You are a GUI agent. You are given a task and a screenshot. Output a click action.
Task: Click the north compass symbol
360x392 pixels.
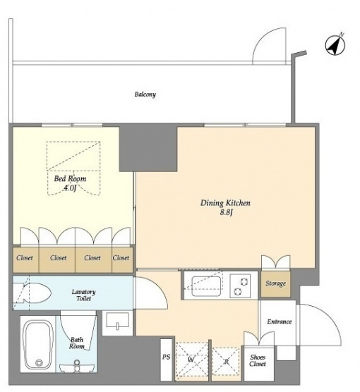click(335, 45)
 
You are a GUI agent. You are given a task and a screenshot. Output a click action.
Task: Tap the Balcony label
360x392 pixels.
click(145, 94)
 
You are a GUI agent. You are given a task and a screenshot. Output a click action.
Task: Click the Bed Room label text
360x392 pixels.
click(70, 178)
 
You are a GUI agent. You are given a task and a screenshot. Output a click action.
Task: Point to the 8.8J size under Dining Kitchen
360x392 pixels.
click(227, 213)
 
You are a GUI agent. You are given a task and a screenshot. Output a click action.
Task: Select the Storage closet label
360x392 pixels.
click(275, 283)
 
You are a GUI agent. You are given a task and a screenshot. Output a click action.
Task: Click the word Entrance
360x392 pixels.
click(280, 321)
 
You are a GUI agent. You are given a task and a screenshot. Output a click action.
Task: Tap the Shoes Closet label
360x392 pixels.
click(258, 360)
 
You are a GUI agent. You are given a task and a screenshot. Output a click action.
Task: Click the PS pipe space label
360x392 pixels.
click(166, 357)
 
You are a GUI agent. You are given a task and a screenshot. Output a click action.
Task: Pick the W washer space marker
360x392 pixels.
click(191, 360)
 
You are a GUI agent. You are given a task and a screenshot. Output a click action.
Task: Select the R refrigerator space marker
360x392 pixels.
click(227, 361)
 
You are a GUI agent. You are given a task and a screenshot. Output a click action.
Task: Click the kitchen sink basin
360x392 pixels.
click(206, 286)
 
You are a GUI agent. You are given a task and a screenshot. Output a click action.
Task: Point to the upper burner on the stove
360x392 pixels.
click(244, 282)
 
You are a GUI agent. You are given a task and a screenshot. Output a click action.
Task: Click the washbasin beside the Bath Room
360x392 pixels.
click(117, 321)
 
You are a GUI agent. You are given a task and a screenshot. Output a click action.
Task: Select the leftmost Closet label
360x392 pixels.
click(25, 257)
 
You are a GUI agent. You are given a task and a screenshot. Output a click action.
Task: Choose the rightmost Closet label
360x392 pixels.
click(121, 257)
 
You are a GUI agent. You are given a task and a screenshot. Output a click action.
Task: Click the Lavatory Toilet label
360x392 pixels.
click(83, 295)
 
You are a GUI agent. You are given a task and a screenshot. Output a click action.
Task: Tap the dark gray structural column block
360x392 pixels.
click(148, 147)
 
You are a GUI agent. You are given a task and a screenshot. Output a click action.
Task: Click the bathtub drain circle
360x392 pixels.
click(39, 362)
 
